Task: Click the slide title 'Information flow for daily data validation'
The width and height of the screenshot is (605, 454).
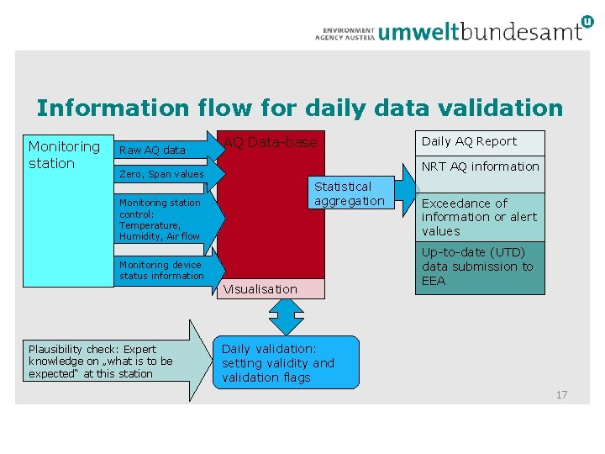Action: pyautogui.click(x=299, y=108)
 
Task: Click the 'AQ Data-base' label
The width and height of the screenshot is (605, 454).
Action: pyautogui.click(x=270, y=143)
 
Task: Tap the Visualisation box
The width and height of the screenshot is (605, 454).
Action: pyautogui.click(x=271, y=289)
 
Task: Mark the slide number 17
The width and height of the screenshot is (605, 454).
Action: pyautogui.click(x=561, y=394)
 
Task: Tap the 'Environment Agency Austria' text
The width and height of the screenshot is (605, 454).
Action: pyautogui.click(x=345, y=32)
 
